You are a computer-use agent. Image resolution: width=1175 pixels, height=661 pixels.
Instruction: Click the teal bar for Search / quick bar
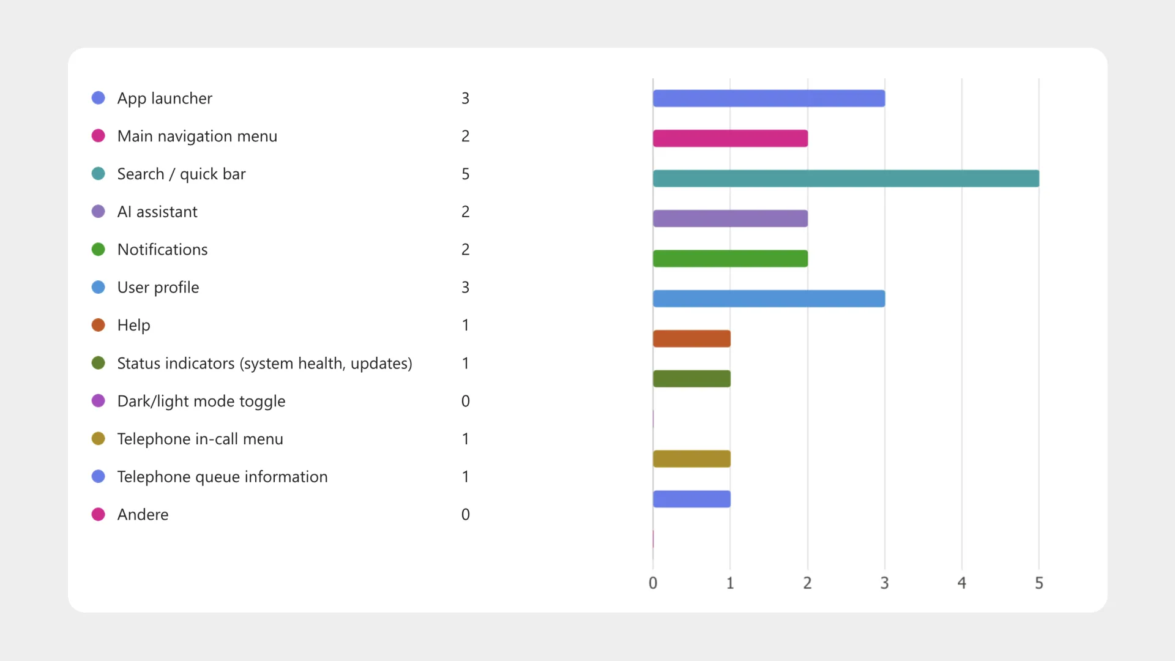[846, 178]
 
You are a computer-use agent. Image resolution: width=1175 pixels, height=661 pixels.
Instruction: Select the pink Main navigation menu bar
[730, 138]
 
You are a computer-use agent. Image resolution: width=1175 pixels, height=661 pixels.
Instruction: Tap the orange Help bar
[692, 338]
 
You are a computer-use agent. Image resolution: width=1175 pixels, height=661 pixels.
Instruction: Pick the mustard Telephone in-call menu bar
[692, 458]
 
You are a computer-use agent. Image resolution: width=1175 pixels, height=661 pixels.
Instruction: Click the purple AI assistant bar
[730, 218]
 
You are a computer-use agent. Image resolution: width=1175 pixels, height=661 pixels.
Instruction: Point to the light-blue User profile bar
[769, 299]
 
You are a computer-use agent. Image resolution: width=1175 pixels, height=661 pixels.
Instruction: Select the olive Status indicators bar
[692, 379]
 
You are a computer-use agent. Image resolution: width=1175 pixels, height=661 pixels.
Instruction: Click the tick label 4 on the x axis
[961, 583]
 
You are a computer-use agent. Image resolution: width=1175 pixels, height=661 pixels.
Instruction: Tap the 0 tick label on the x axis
[653, 583]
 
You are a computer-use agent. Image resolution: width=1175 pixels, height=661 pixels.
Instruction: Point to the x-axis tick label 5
[1039, 583]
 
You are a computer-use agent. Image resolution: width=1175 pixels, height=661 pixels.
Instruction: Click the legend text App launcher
[165, 99]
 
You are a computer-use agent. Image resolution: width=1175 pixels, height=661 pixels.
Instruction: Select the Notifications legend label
[162, 250]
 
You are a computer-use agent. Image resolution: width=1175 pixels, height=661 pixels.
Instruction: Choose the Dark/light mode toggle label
[201, 401]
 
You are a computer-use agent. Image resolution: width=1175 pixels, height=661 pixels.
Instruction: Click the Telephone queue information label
[222, 477]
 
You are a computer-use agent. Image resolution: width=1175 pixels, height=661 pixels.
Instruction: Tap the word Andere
[143, 515]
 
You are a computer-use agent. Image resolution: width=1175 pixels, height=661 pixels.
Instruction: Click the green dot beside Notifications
[98, 249]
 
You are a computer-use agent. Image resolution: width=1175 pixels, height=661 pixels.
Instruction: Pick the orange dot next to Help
[98, 325]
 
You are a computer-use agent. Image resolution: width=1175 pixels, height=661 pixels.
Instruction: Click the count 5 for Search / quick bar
[465, 174]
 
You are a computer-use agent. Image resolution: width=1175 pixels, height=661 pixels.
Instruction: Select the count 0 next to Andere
[465, 515]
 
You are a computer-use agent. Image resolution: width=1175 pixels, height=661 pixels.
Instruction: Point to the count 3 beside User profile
[465, 288]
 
